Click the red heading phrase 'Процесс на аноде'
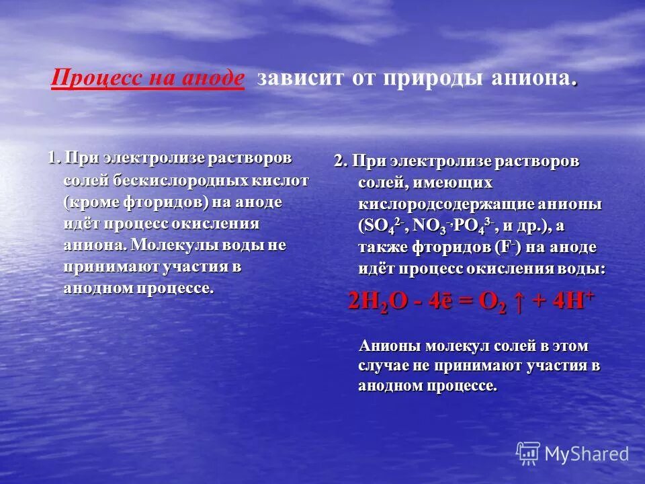tap(148, 78)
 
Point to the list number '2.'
tap(341, 161)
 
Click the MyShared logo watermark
tap(572, 454)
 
